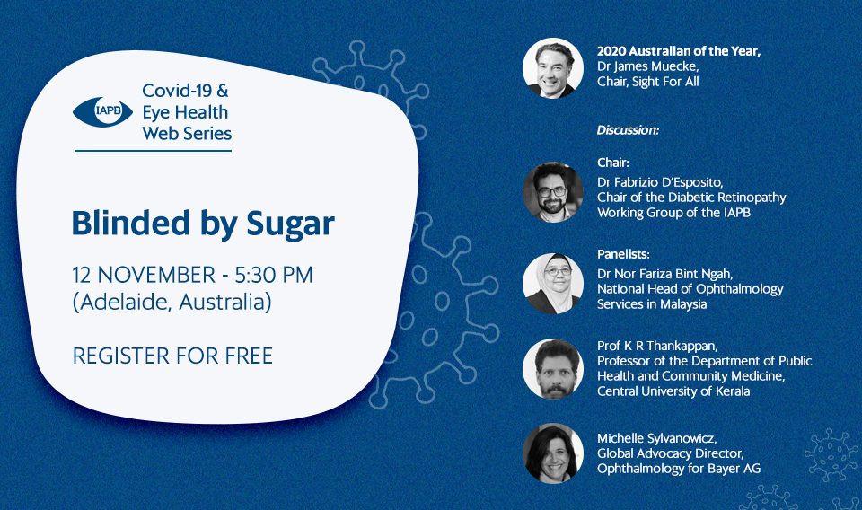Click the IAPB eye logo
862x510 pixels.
pos(102,112)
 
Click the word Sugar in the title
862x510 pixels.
pos(290,224)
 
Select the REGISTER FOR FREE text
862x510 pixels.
pos(172,356)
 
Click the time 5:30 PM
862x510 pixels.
pos(274,275)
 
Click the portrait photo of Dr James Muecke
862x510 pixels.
pos(552,68)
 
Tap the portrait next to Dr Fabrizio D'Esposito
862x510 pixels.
pos(552,192)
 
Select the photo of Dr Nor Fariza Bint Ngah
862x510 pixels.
pos(552,284)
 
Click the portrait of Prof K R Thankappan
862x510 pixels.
pos(552,369)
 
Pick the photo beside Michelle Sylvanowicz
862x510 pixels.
pos(552,453)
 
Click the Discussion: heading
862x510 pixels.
pos(628,130)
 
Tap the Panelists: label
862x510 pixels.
pos(623,254)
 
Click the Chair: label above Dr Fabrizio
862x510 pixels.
pos(613,163)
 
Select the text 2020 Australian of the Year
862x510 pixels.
pos(678,51)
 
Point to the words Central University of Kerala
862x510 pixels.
pos(673,391)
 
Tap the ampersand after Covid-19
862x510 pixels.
pos(222,91)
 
